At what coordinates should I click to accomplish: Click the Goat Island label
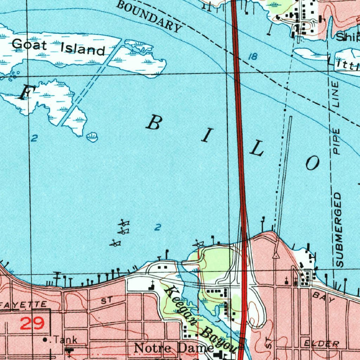coord(58,47)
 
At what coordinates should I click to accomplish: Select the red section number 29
coord(32,323)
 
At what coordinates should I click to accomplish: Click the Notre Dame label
coord(174,348)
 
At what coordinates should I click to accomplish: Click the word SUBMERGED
coord(339,229)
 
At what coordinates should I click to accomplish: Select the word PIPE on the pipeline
coord(337,142)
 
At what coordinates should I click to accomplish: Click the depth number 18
coord(253,57)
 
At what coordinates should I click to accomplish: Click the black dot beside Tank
coord(45,340)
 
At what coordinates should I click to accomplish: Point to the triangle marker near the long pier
coord(276,255)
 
